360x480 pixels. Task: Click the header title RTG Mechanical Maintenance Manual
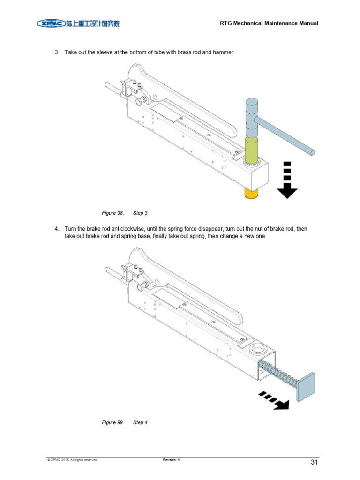[x=269, y=23]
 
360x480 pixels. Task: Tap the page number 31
[x=314, y=463]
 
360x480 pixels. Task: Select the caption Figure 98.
[x=112, y=213]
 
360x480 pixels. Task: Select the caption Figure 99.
[x=112, y=422]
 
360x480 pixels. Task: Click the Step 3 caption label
[x=140, y=213]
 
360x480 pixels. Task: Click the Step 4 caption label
[x=140, y=422]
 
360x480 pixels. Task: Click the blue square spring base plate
[x=306, y=386]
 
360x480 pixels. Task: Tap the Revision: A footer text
[x=172, y=460]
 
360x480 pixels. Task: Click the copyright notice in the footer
[x=73, y=460]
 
